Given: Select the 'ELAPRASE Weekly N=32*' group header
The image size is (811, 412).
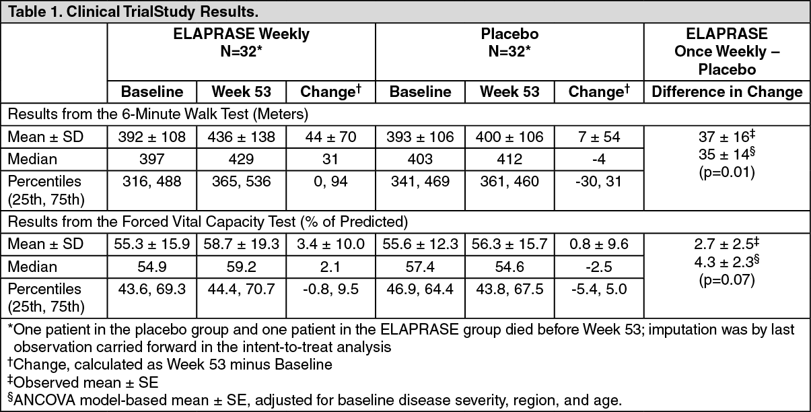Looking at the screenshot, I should point(241,43).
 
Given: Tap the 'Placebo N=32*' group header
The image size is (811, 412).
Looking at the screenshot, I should point(509,43).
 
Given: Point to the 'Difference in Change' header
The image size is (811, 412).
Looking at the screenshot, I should point(727,92).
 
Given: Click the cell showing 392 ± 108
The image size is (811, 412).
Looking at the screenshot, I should point(151,137).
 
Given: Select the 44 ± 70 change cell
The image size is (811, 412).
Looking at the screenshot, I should point(330,137).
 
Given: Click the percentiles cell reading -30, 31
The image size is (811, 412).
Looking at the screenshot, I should point(599,181).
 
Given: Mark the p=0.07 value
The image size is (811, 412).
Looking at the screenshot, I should point(727,279).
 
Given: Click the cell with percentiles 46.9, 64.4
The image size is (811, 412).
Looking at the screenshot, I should point(420,289).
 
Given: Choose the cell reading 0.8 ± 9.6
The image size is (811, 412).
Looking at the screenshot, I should point(599,244).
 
